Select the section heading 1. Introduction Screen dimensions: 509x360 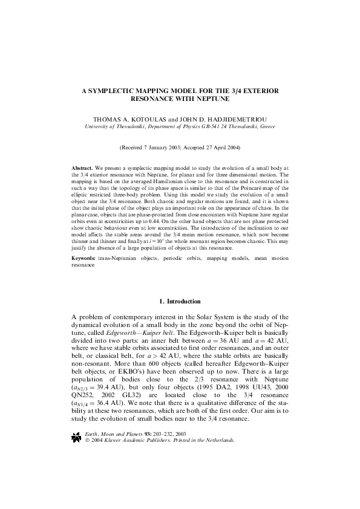(180, 301)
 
